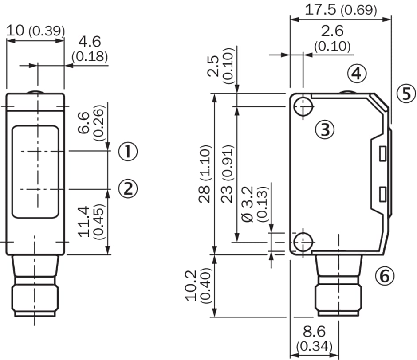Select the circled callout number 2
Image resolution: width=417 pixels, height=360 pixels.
tap(128, 189)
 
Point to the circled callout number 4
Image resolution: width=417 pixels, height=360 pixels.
tap(357, 74)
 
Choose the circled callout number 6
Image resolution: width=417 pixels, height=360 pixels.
tap(384, 276)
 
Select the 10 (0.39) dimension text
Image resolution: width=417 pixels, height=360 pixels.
tap(35, 31)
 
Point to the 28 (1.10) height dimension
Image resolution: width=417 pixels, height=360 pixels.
tap(205, 173)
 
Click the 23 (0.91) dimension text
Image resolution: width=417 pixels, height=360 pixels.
tap(228, 173)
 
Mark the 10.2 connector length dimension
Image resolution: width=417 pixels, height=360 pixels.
tap(192, 286)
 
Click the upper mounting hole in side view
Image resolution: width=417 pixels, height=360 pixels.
tap(303, 106)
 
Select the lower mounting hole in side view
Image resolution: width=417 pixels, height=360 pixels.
tap(303, 242)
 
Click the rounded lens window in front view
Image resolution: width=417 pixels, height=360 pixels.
tap(35, 172)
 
